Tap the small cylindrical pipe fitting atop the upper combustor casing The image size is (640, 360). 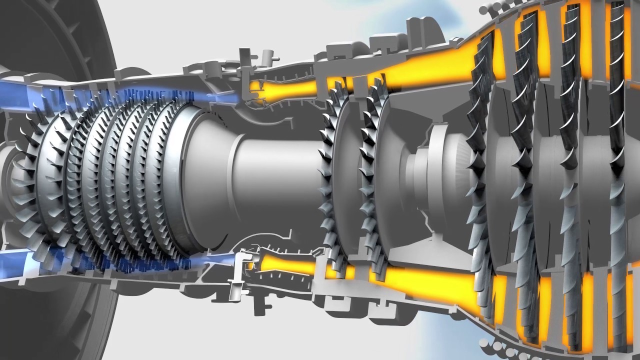point(267,55)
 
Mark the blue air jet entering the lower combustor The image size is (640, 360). point(220,260)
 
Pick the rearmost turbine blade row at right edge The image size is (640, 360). point(617,170)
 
